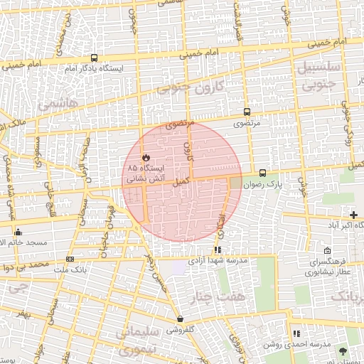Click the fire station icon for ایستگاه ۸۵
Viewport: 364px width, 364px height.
click(145, 157)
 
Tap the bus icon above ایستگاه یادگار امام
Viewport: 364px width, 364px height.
click(94, 58)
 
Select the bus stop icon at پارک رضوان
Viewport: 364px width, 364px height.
click(262, 173)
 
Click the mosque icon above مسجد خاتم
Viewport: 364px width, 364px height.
click(18, 232)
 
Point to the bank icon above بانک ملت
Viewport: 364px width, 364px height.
click(70, 259)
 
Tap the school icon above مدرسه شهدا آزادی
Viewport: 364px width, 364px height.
click(218, 250)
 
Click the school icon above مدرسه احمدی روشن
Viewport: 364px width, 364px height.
click(296, 333)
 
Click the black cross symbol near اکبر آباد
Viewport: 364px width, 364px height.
click(354, 215)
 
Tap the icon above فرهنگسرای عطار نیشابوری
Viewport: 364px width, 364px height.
click(326, 251)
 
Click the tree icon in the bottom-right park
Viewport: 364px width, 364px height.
click(344, 351)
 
